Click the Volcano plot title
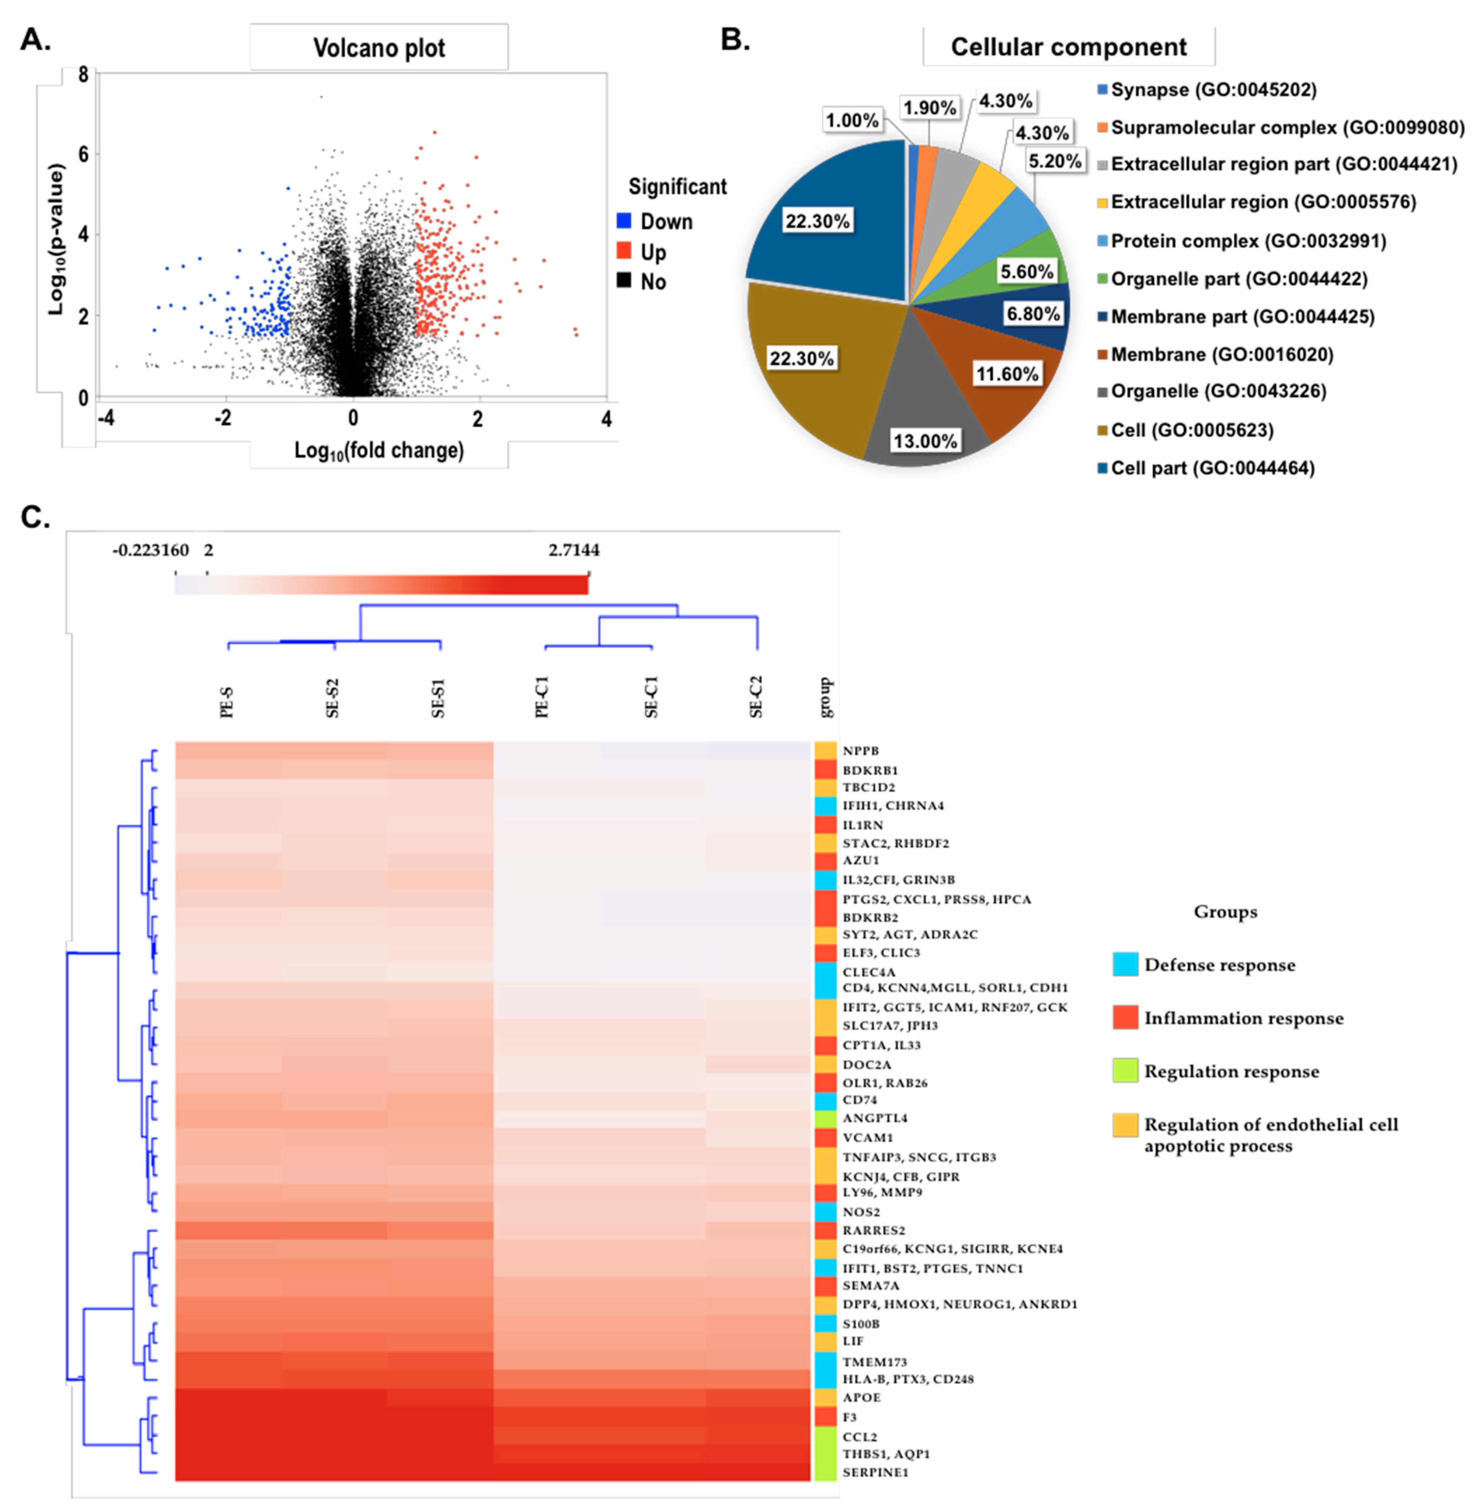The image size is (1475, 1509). (379, 48)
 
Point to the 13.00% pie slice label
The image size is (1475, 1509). (925, 441)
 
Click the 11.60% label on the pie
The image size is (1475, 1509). (1006, 374)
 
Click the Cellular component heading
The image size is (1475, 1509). (1068, 47)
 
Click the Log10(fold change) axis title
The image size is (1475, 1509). (379, 450)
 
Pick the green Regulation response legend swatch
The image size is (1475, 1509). (1125, 1071)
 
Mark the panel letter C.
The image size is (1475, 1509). (36, 517)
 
